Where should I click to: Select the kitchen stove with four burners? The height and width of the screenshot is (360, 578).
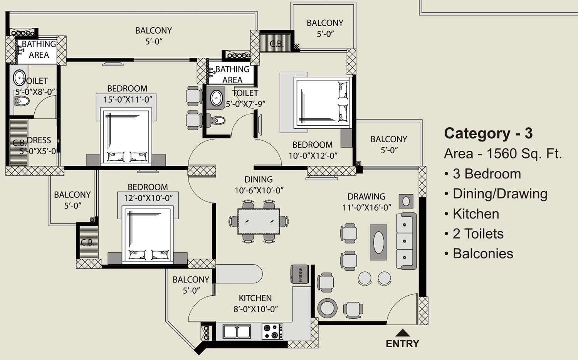(x=272, y=331)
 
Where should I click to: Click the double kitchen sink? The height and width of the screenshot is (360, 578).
(x=237, y=331)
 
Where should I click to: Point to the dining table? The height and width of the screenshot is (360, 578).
(x=258, y=221)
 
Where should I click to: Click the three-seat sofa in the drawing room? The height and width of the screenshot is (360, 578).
(x=406, y=241)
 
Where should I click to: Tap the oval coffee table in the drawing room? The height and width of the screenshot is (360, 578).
(x=378, y=242)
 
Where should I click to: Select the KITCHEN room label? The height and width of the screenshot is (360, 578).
(x=255, y=298)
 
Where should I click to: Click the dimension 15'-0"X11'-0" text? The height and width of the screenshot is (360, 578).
(x=128, y=99)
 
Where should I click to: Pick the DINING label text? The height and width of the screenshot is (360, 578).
(x=258, y=179)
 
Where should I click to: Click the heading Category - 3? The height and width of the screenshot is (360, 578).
(x=488, y=133)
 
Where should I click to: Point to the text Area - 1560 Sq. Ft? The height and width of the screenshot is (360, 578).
(x=502, y=154)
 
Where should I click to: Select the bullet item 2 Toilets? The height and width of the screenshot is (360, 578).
(x=478, y=234)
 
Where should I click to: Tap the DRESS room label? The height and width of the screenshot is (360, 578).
(x=39, y=140)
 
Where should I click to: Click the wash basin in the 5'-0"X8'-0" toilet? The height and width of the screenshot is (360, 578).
(x=19, y=77)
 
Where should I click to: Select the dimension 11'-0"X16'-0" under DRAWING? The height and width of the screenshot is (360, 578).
(x=366, y=207)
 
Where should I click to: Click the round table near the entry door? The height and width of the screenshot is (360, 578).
(x=327, y=308)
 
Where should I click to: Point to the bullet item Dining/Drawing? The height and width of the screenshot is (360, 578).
(x=500, y=193)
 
